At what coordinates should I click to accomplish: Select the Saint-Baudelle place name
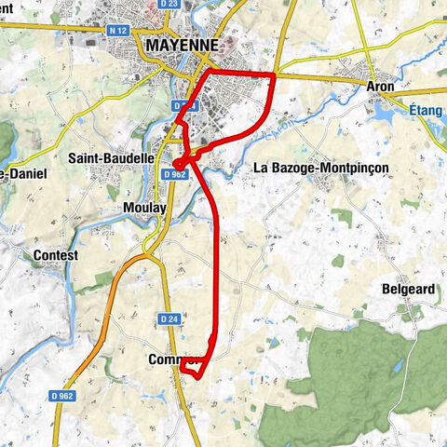pos(111,158)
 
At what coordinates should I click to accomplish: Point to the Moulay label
pos(144,207)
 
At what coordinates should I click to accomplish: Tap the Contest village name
pos(55,254)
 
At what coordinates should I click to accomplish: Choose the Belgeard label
pos(409,290)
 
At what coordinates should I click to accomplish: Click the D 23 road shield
pos(169,4)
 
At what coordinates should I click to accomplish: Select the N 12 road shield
pos(117,30)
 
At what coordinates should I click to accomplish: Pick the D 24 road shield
pos(169,318)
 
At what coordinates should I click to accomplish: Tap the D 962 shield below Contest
pos(63,396)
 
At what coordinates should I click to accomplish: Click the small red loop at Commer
pos(194,368)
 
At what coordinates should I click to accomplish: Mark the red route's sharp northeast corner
pos(274,74)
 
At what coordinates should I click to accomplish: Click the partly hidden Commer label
pos(165,359)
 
